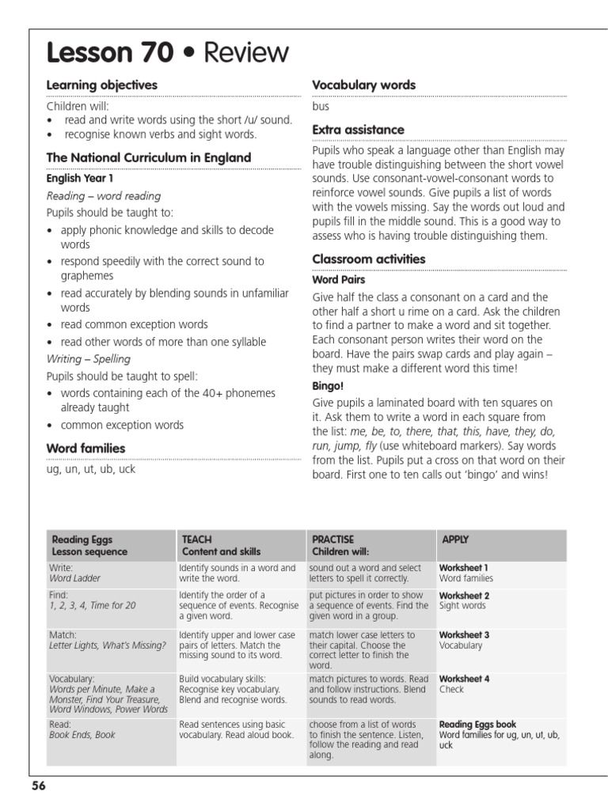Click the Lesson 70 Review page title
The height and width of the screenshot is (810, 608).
pyautogui.click(x=168, y=52)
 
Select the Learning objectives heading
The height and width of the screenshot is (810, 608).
pyautogui.click(x=101, y=85)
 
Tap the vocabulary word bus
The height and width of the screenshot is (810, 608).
pyautogui.click(x=321, y=106)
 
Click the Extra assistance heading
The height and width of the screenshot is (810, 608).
pyautogui.click(x=358, y=129)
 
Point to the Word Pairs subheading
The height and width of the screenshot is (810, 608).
pyautogui.click(x=338, y=279)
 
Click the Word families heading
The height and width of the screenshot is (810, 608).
pyautogui.click(x=85, y=449)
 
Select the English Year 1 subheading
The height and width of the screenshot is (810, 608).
pyautogui.click(x=79, y=179)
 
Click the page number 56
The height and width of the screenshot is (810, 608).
pyautogui.click(x=39, y=785)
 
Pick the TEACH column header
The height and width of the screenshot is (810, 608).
pyautogui.click(x=197, y=539)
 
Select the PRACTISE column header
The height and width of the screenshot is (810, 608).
pyautogui.click(x=332, y=539)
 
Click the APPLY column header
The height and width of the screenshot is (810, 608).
pyautogui.click(x=455, y=539)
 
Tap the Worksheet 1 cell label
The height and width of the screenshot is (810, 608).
pyautogui.click(x=464, y=568)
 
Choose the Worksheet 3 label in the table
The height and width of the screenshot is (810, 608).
pyautogui.click(x=464, y=635)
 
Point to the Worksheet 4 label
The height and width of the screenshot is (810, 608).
pyautogui.click(x=464, y=679)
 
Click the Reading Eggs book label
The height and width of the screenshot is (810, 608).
pyautogui.click(x=477, y=724)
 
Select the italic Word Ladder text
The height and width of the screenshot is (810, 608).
pyautogui.click(x=74, y=578)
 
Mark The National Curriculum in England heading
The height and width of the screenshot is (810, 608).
pyautogui.click(x=148, y=157)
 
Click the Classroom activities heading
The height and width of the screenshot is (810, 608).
pyautogui.click(x=368, y=259)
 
